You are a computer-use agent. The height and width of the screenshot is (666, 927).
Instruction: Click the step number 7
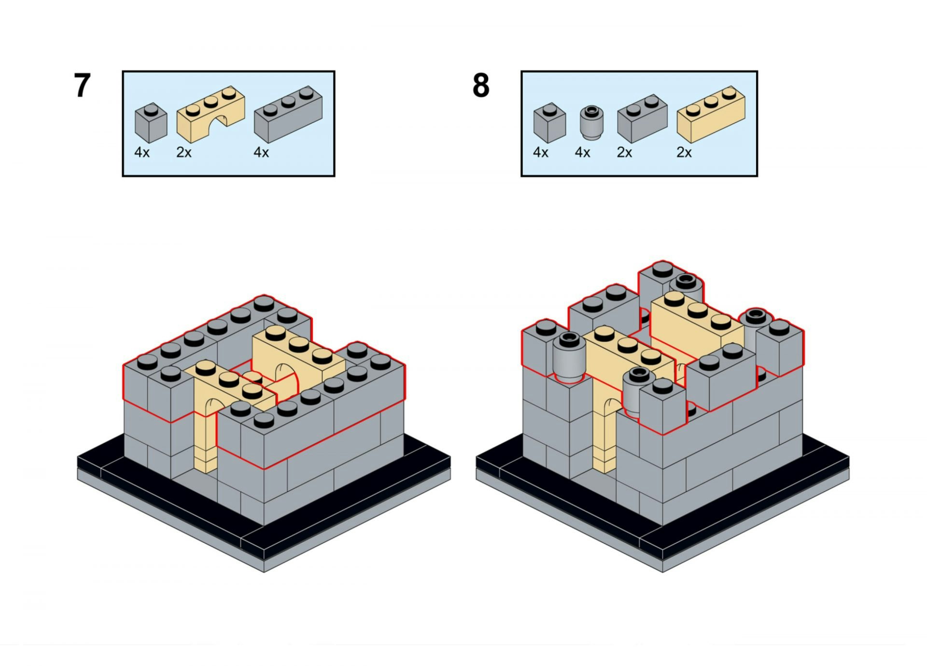tap(82, 86)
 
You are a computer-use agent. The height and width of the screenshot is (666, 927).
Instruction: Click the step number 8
tap(481, 86)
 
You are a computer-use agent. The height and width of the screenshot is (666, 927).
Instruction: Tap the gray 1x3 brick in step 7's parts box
tap(288, 113)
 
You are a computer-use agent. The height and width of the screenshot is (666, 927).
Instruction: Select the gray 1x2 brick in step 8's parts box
tap(642, 118)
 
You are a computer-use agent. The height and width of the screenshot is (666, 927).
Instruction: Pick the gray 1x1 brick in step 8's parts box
tap(549, 123)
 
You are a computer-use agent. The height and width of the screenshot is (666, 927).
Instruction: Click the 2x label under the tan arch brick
tap(184, 153)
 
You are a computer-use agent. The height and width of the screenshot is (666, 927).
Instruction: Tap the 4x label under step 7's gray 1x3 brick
tap(261, 153)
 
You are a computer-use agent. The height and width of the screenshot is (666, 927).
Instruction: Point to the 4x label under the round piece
tap(582, 153)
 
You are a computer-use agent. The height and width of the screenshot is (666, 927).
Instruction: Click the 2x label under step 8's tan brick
tap(684, 153)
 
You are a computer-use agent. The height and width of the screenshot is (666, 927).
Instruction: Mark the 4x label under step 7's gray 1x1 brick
tap(142, 153)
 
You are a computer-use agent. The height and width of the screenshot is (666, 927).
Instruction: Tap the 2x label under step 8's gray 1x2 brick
tap(624, 153)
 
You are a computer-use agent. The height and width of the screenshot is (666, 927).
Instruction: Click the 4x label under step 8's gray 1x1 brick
tap(541, 153)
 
